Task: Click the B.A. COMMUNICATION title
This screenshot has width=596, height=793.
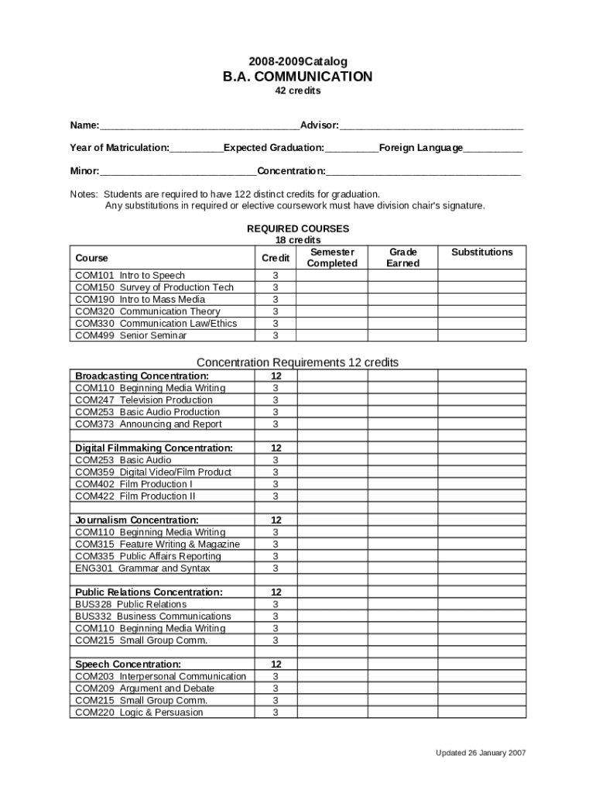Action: tap(298, 77)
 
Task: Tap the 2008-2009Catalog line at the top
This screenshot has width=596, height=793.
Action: tap(298, 61)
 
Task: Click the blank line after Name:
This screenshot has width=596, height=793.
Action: tap(200, 126)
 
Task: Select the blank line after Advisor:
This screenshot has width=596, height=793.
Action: tap(431, 126)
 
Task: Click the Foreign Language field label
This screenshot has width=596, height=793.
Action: tap(421, 148)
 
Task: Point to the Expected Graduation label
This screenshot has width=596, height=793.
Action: tap(274, 148)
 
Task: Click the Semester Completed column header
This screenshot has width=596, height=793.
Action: tap(332, 258)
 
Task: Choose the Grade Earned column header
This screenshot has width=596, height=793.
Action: tap(402, 258)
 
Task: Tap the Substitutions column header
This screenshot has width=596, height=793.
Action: tap(481, 252)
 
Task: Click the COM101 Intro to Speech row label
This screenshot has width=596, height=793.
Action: tap(130, 276)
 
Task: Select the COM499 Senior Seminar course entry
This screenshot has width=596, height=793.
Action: tap(131, 335)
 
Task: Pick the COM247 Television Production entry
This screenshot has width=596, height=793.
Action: tap(143, 400)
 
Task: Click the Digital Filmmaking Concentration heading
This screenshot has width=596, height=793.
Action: tap(154, 448)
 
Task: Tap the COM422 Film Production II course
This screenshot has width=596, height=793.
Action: tap(135, 496)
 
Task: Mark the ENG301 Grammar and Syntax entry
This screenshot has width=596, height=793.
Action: tap(142, 568)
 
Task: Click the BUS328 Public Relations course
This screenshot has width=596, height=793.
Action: tap(131, 604)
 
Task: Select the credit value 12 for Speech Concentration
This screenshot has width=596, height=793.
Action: tap(276, 664)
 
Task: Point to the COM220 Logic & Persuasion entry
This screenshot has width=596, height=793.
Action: tap(139, 712)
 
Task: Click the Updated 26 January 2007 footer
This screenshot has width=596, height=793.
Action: tap(481, 753)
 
